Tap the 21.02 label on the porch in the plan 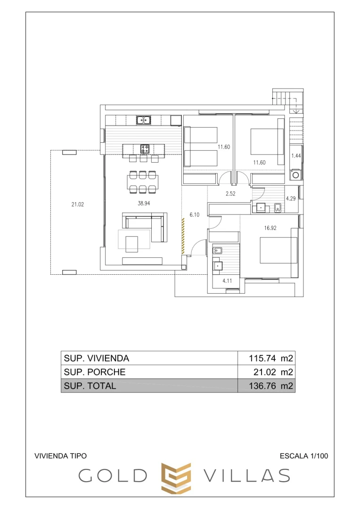tap(78, 205)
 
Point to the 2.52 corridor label tap(230, 194)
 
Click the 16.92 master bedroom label tap(270, 228)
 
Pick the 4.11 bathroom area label tap(228, 281)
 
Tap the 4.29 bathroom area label tap(291, 198)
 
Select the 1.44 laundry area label tap(295, 156)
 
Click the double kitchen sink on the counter tap(144, 120)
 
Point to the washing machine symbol tap(295, 175)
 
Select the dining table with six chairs tap(142, 182)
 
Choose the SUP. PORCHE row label tap(95, 372)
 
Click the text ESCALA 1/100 tap(303, 456)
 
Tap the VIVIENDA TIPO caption tap(61, 456)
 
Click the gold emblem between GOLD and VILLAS tap(176, 477)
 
